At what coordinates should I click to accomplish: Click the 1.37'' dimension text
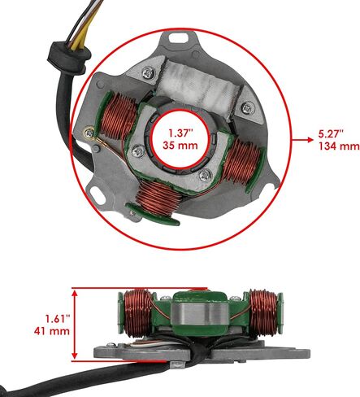click(x=180, y=133)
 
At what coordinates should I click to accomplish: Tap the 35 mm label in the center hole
click(x=180, y=146)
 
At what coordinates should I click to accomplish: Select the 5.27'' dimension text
click(x=331, y=133)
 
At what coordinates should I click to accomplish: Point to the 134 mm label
click(x=339, y=146)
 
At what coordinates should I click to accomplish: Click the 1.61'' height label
click(x=58, y=319)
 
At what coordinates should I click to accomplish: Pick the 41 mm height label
click(x=52, y=331)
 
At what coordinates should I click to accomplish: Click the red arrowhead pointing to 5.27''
click(x=310, y=140)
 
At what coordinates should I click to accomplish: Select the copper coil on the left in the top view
click(x=118, y=116)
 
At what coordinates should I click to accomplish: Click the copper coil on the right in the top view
click(x=241, y=160)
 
